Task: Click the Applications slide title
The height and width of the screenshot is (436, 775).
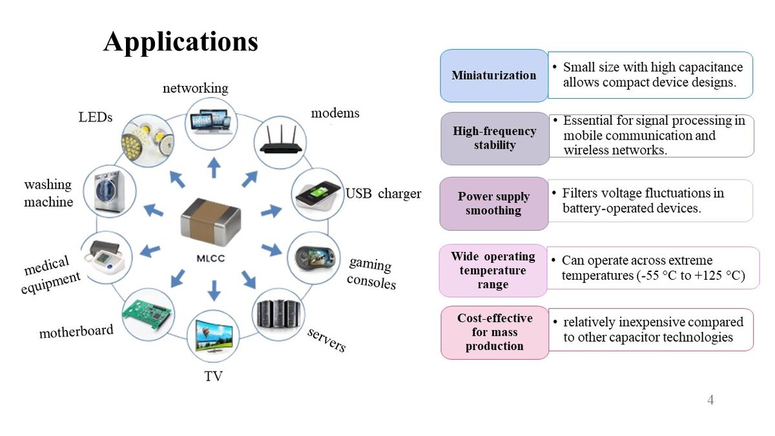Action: pos(181,42)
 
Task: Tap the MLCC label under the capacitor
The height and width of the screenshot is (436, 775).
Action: pos(211,258)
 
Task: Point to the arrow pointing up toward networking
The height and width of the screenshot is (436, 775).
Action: pos(214,169)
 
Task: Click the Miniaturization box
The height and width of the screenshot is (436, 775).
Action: pos(494,76)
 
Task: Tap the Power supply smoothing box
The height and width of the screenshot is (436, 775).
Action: pos(494,203)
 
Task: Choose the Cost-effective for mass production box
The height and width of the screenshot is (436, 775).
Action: pos(495,332)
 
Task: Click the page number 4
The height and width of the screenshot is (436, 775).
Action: pos(710,400)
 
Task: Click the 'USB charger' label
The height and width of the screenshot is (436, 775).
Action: pos(383,194)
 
